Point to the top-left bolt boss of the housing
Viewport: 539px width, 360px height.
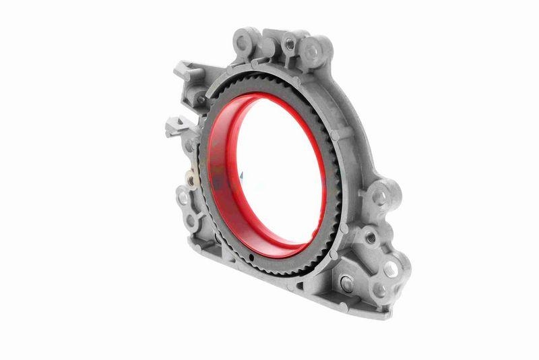point(244,42)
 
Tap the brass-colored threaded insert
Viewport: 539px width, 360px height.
point(191,181)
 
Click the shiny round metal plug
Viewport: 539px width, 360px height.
point(347,284)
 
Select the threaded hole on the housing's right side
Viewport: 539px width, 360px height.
point(369,236)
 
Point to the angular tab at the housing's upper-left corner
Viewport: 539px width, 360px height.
point(183,69)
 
